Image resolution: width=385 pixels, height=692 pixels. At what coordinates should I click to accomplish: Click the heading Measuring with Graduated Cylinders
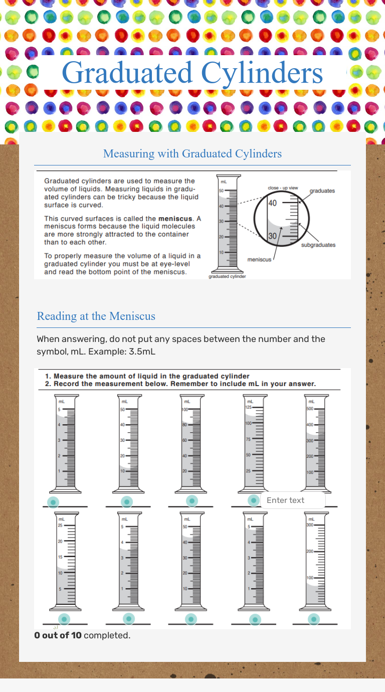pos(192,153)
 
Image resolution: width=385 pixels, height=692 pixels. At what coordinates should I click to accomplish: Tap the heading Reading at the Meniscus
pos(96,316)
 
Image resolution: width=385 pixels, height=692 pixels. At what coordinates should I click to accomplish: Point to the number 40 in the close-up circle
pos(272,203)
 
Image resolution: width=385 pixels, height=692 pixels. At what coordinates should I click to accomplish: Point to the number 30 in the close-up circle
pos(272,236)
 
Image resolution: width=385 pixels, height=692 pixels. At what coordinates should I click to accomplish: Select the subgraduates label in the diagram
pos(318,245)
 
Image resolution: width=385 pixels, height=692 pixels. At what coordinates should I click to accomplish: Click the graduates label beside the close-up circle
pos(322,191)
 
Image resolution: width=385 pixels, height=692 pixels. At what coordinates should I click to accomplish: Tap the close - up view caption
pos(283,188)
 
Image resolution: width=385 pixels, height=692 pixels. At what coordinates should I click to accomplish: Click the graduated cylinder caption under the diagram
pos(227,276)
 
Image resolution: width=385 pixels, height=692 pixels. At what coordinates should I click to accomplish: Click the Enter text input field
pos(293,500)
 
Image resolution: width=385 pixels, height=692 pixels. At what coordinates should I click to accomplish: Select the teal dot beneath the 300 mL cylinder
pos(314,619)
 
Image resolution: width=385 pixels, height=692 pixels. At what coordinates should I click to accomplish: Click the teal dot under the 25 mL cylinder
pos(64,619)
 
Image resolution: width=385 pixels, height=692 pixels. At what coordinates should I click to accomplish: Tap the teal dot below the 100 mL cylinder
pos(191,500)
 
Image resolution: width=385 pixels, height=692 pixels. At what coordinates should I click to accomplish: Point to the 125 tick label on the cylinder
pos(248,407)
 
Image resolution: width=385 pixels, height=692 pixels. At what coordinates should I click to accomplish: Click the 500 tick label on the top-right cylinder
pos(310,409)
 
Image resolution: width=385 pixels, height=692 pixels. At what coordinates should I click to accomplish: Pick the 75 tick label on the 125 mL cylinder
pos(248,439)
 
